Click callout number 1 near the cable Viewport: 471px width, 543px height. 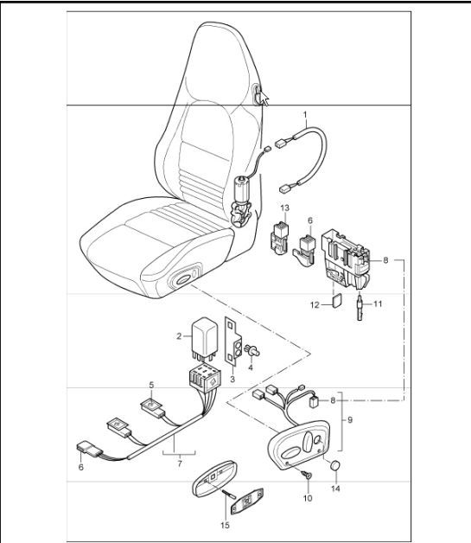304,114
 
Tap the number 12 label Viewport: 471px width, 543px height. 315,304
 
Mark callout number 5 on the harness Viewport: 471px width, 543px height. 151,385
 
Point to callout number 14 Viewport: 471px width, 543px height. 336,489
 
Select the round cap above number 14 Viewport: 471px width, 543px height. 335,468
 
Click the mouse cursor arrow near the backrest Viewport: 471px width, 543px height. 266,100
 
